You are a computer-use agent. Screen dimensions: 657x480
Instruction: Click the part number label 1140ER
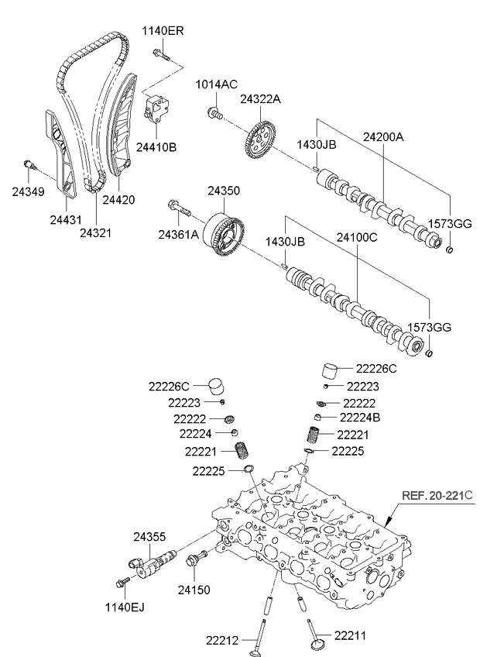coord(163,31)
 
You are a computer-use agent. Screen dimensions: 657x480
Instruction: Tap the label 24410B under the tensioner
coord(156,146)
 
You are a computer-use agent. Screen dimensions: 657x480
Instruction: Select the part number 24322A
coord(261,99)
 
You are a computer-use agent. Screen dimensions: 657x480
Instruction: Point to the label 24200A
coord(385,136)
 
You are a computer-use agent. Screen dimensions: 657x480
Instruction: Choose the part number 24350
coord(223,190)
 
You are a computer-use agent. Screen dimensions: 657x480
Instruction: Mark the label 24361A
coord(179,234)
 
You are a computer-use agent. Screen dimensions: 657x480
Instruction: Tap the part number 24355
coord(149,536)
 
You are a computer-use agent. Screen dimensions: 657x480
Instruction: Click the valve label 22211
coord(347,635)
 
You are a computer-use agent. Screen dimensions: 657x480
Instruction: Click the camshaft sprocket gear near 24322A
coord(259,139)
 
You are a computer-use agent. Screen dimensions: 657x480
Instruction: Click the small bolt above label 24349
coord(29,164)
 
